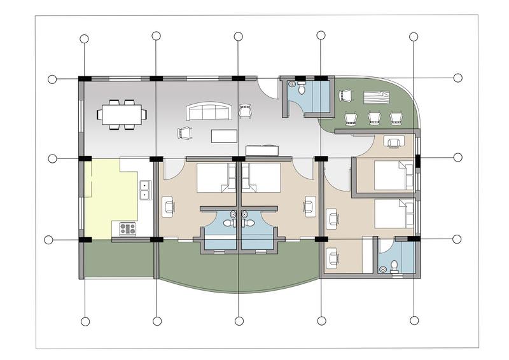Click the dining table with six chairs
122,114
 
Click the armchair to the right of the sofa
244,111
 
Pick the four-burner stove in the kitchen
128,228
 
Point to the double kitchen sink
146,190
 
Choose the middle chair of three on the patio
375,118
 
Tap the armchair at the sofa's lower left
185,133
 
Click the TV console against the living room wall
262,149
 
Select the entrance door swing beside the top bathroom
270,89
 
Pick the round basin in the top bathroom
292,83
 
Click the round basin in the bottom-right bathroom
382,270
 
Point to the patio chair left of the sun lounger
345,95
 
